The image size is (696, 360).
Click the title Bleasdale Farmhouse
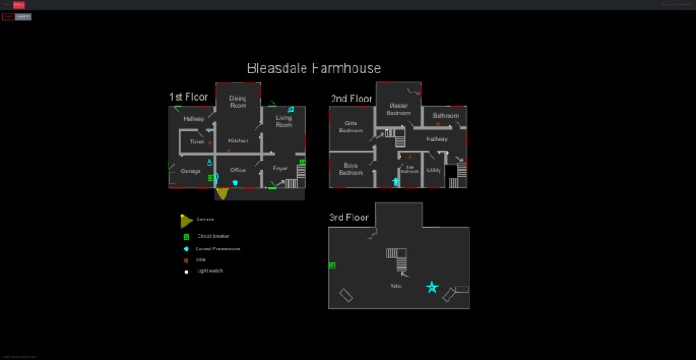pyautogui.click(x=314, y=68)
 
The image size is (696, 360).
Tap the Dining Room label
pyautogui.click(x=237, y=102)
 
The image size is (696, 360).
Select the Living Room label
pyautogui.click(x=284, y=121)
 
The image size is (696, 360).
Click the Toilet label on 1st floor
pyautogui.click(x=197, y=141)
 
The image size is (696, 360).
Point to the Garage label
pyautogui.click(x=190, y=170)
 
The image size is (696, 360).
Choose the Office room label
pyautogui.click(x=237, y=170)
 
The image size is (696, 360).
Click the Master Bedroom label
pyautogui.click(x=399, y=109)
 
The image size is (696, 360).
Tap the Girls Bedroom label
pyautogui.click(x=351, y=126)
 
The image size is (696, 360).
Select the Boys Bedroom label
pyautogui.click(x=351, y=169)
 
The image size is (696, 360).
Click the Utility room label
pyautogui.click(x=433, y=170)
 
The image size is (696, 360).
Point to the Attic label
pyautogui.click(x=396, y=286)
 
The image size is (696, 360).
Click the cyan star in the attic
pyautogui.click(x=432, y=287)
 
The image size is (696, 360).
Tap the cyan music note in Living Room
pyautogui.click(x=290, y=110)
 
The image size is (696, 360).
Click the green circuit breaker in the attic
pyautogui.click(x=333, y=266)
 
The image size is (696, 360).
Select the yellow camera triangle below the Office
pyautogui.click(x=222, y=194)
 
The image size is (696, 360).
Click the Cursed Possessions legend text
pyautogui.click(x=218, y=248)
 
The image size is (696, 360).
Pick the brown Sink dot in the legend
pyautogui.click(x=186, y=260)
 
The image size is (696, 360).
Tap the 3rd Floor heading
pyautogui.click(x=350, y=218)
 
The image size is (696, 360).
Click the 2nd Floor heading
pyautogui.click(x=351, y=98)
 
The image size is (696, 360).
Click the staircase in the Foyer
pyautogui.click(x=292, y=182)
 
